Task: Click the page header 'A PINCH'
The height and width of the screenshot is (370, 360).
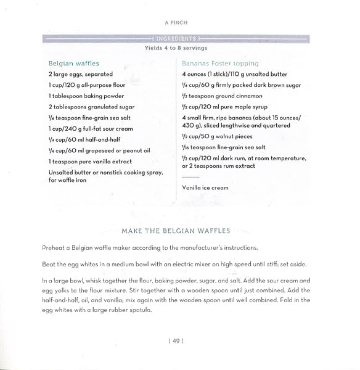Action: tap(180, 22)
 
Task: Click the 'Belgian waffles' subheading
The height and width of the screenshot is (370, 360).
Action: tap(73, 63)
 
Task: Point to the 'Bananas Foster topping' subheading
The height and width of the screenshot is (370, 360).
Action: tap(220, 63)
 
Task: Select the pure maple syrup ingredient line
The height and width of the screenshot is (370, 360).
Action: tap(223, 107)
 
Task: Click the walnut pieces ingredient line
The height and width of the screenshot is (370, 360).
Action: tap(217, 136)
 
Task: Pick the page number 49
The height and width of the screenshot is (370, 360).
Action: tap(179, 339)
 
